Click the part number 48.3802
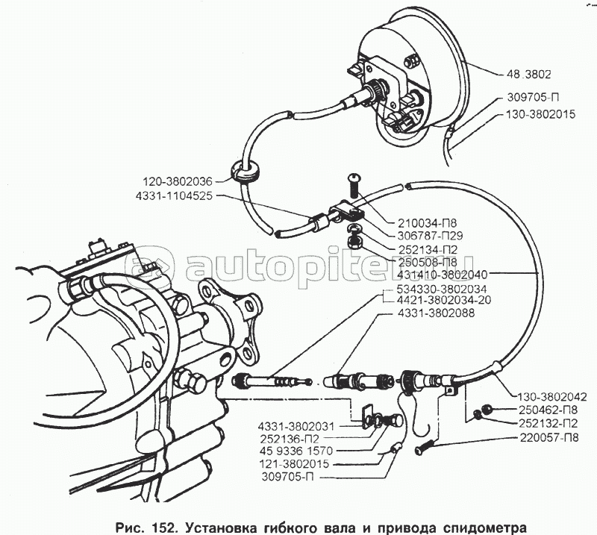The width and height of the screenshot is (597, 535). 528,74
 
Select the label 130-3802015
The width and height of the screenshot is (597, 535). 540,114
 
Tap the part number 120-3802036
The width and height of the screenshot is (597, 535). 178,181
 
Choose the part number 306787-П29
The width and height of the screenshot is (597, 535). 431,235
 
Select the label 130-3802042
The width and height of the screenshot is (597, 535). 551,396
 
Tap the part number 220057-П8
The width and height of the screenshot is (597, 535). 548,437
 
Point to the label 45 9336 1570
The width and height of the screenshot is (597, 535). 296,451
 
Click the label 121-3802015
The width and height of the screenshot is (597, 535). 295,464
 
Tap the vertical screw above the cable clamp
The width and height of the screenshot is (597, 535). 352,187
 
